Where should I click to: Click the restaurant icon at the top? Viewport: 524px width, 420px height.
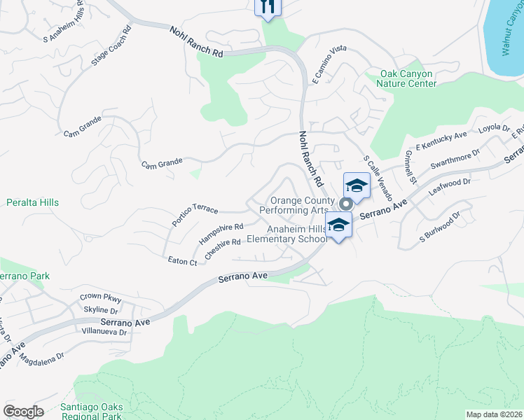(x=267, y=6)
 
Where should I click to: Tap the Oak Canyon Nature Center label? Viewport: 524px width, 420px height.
(x=408, y=78)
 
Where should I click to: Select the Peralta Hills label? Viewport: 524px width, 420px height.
(x=32, y=202)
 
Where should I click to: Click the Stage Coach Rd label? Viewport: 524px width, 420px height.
(x=111, y=47)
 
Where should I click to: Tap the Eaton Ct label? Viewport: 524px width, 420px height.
(x=183, y=261)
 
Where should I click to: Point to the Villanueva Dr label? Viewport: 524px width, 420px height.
(x=104, y=332)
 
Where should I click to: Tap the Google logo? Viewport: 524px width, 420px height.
(x=23, y=411)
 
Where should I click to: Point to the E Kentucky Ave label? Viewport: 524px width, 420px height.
(x=441, y=140)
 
